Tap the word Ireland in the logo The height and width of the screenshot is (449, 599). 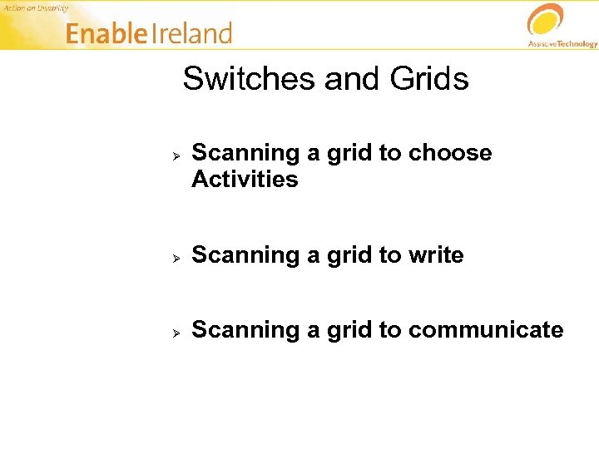[192, 34]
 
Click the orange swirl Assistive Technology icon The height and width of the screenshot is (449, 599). [546, 20]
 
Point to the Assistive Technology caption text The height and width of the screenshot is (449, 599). [562, 43]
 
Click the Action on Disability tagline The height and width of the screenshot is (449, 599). [34, 7]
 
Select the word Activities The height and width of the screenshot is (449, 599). [245, 180]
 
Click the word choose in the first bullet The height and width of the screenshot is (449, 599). [450, 153]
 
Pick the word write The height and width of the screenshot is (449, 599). [436, 254]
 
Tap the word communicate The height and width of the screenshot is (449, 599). [486, 330]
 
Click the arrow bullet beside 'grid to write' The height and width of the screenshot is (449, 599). [176, 258]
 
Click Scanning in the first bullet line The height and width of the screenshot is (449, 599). [245, 153]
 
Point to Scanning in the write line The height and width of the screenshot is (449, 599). [245, 254]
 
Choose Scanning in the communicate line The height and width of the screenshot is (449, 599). [245, 330]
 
